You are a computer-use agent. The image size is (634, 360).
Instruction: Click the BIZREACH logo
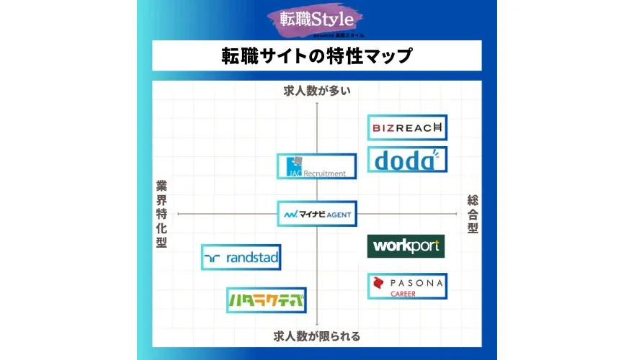coord(407,127)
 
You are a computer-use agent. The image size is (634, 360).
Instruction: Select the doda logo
coord(407,159)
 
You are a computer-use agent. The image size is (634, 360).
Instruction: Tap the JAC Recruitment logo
coord(317,166)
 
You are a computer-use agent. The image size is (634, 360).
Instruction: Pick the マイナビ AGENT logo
coord(317,214)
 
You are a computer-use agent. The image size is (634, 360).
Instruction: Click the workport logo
coord(406,246)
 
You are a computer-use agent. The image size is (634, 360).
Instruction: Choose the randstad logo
coord(241,257)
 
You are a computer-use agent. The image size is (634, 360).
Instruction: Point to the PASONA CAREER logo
coord(406,286)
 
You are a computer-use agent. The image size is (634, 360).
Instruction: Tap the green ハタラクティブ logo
coord(266,300)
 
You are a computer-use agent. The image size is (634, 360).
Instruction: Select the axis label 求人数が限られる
coord(317,336)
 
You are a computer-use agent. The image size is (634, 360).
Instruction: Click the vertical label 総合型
coord(473,214)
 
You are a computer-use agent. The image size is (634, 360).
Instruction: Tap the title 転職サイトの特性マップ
coord(317,55)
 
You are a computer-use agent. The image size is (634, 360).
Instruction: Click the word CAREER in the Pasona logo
coord(403,294)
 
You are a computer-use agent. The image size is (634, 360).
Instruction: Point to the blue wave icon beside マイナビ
coord(290,215)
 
